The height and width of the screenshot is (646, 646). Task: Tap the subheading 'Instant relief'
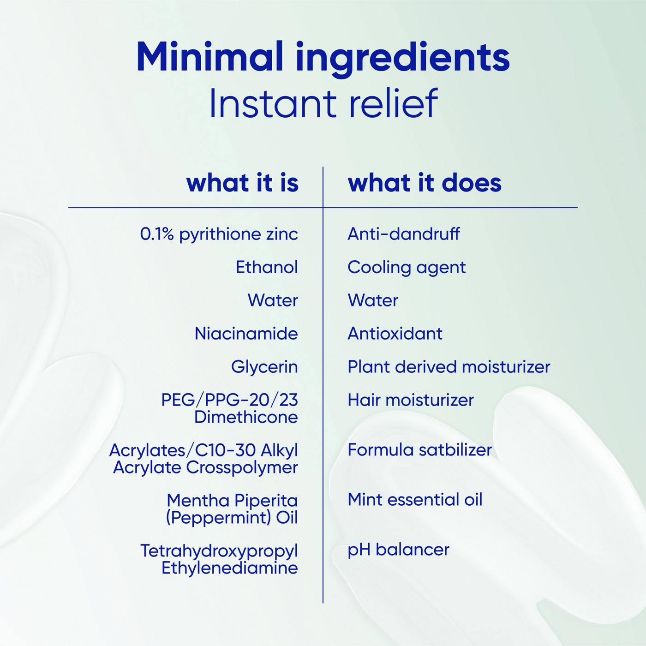pyautogui.click(x=323, y=103)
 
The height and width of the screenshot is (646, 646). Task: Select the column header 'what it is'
pyautogui.click(x=242, y=183)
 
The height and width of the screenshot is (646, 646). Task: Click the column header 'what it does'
pyautogui.click(x=425, y=183)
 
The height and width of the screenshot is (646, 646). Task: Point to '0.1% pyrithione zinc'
pyautogui.click(x=219, y=234)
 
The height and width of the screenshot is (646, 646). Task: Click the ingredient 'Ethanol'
pyautogui.click(x=267, y=267)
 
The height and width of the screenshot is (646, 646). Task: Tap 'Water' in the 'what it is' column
pyautogui.click(x=273, y=300)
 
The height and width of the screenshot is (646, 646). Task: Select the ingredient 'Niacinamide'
pyautogui.click(x=246, y=334)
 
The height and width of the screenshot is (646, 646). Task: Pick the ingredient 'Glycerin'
pyautogui.click(x=264, y=367)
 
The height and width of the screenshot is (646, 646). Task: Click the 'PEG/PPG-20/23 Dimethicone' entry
pyautogui.click(x=229, y=408)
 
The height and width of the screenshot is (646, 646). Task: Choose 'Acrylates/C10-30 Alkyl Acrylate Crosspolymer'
pyautogui.click(x=203, y=459)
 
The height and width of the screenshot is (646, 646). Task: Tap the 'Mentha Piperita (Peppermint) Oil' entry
pyautogui.click(x=232, y=509)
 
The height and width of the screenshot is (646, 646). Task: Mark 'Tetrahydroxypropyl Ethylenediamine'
pyautogui.click(x=219, y=559)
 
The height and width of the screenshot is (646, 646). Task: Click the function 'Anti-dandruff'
pyautogui.click(x=404, y=233)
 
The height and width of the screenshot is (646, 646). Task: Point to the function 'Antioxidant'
pyautogui.click(x=395, y=334)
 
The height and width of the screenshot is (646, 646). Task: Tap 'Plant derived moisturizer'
pyautogui.click(x=449, y=367)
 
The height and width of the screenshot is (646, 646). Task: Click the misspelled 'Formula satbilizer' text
pyautogui.click(x=420, y=450)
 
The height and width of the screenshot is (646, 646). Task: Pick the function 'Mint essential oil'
pyautogui.click(x=415, y=500)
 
